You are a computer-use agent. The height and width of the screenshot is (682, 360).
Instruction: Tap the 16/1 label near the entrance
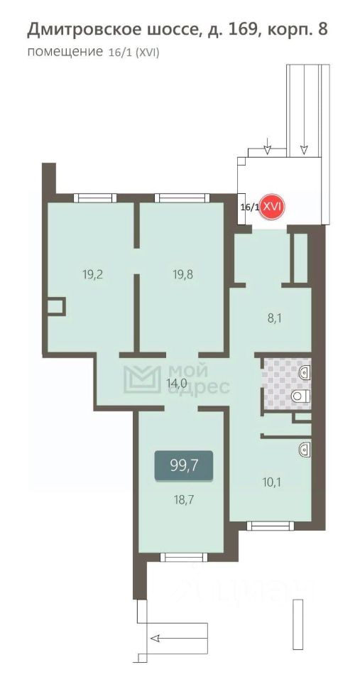pyautogui.click(x=249, y=207)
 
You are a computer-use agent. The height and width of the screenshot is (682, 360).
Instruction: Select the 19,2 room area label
pyautogui.click(x=92, y=274)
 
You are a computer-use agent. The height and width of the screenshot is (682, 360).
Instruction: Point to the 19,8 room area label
pyautogui.click(x=184, y=274)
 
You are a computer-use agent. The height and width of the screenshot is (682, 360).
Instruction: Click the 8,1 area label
pyautogui.click(x=275, y=320)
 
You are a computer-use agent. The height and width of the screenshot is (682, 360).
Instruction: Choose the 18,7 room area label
pyautogui.click(x=182, y=499)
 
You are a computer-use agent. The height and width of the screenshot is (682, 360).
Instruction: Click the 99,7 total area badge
pyautogui.click(x=183, y=465)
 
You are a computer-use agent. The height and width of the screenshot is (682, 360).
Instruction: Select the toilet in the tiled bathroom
pyautogui.click(x=300, y=396)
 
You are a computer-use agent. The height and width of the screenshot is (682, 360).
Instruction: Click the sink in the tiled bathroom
pyautogui.click(x=305, y=371)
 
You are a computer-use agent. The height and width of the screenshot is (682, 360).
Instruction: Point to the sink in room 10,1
pyautogui.click(x=305, y=448)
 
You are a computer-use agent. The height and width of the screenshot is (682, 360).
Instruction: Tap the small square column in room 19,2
pyautogui.click(x=55, y=307)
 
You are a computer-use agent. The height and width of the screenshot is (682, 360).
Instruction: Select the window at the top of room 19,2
pyautogui.click(x=94, y=198)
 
